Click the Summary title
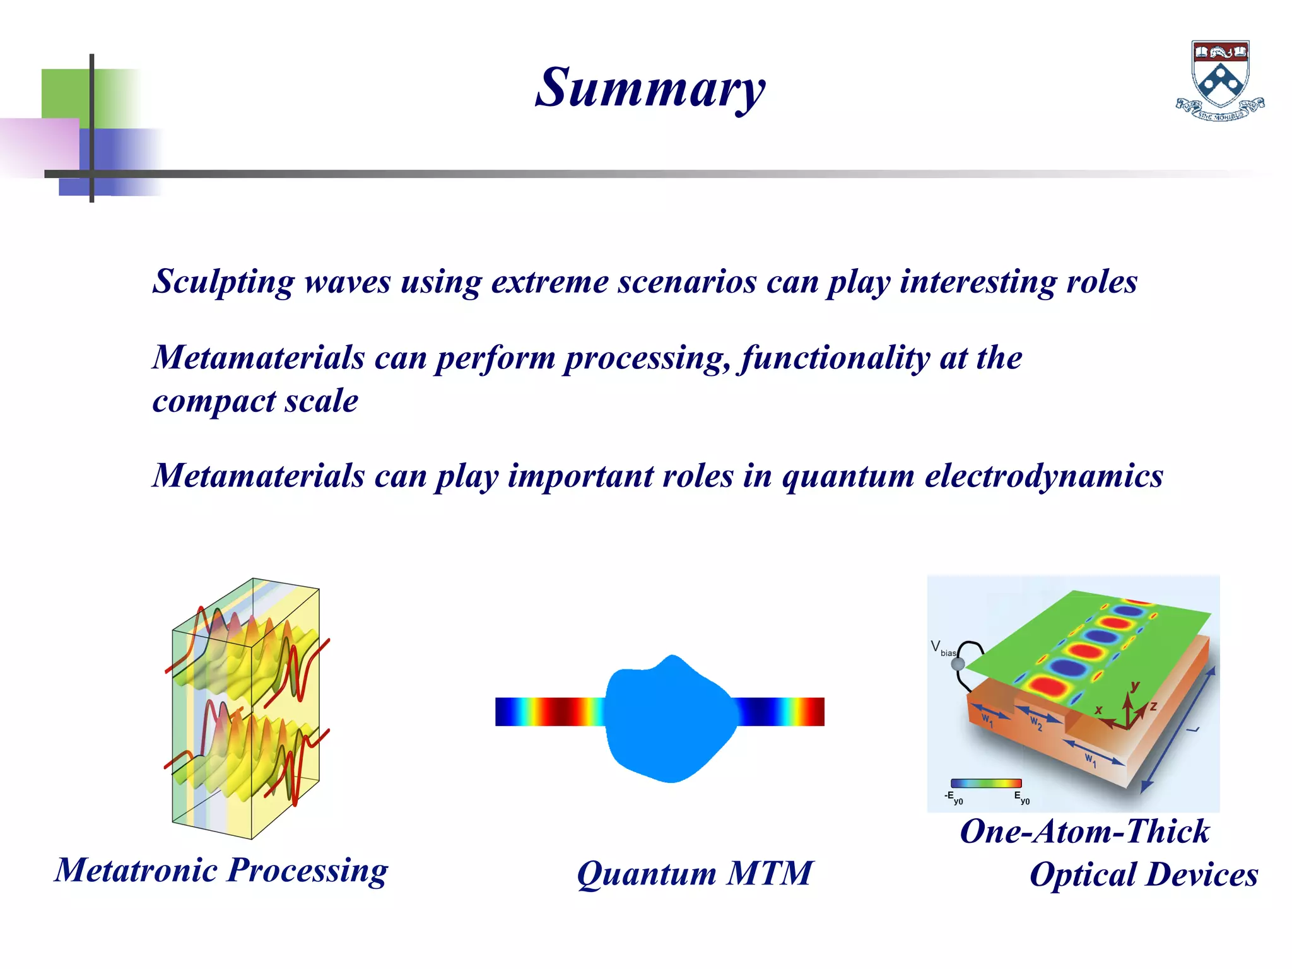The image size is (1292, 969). tap(650, 88)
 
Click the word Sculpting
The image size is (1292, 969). tap(223, 282)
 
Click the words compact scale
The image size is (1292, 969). tap(255, 401)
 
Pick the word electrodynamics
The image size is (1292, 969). tap(1043, 476)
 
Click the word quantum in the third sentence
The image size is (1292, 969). tap(847, 476)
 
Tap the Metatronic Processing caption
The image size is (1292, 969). tap(221, 871)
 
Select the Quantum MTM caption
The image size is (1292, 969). tap(695, 874)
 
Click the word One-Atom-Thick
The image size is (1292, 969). tap(1084, 831)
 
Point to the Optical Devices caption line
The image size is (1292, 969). tap(1143, 874)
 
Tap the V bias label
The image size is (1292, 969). tap(943, 649)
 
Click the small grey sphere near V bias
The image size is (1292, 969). tap(958, 664)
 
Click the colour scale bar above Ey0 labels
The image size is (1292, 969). tap(985, 784)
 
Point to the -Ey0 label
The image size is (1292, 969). tap(953, 798)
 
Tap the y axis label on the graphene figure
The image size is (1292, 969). tap(1135, 685)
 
